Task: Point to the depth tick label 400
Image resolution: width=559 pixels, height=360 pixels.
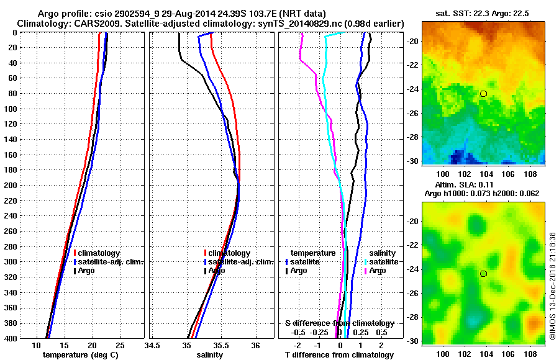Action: (x=10, y=338)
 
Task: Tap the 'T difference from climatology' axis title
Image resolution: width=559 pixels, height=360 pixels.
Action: (x=339, y=355)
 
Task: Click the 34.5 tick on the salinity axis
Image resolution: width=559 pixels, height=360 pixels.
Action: (x=152, y=344)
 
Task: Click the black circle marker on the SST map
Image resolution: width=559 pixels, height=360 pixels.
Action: (x=483, y=94)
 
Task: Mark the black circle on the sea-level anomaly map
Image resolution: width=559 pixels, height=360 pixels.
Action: (x=483, y=274)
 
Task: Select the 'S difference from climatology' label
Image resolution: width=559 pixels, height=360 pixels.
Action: (x=339, y=323)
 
